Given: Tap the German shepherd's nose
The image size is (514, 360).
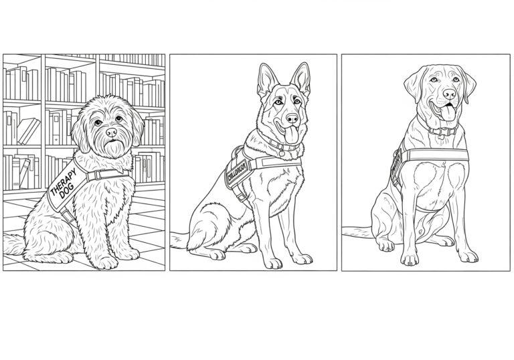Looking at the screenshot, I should point(292,120).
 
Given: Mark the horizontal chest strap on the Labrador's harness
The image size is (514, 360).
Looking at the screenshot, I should point(435,155).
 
